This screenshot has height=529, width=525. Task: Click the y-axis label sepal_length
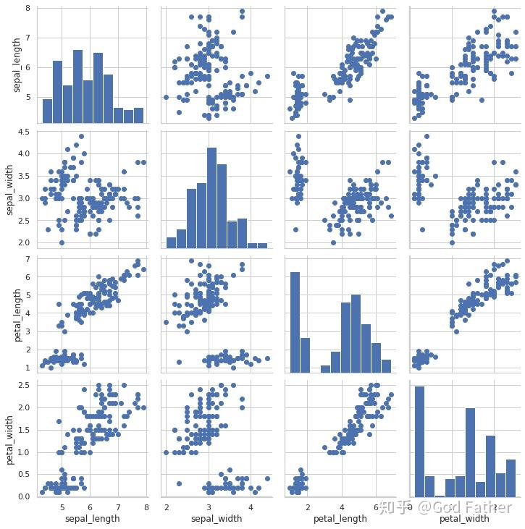(17, 65)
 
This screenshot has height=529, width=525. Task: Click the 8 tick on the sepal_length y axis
(26, 9)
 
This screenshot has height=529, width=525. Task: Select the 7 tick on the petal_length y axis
(26, 259)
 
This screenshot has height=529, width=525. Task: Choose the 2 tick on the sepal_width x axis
(167, 507)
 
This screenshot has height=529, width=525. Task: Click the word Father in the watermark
(490, 507)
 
